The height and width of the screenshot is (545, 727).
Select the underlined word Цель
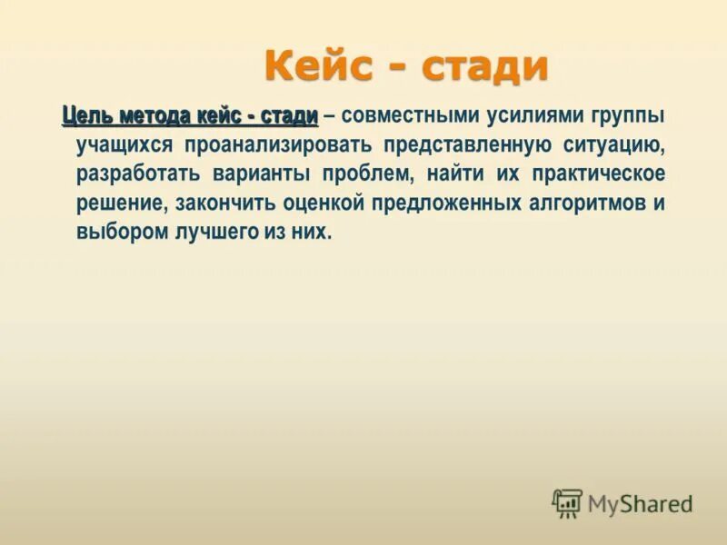85,116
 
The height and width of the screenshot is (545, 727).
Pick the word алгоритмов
585,203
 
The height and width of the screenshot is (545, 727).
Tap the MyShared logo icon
567,503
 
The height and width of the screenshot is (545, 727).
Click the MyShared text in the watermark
640,503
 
